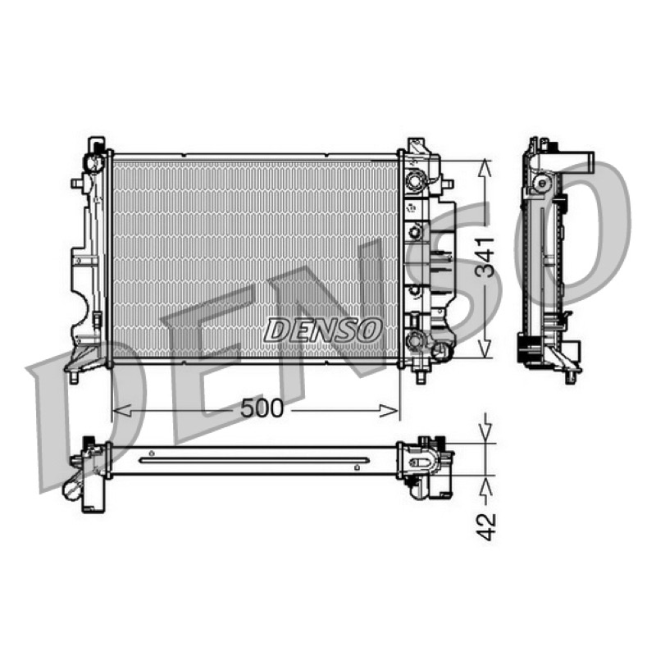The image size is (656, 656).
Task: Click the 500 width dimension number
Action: click(262, 408)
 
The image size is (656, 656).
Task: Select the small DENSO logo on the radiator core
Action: click(323, 330)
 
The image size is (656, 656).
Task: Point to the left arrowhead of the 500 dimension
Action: click(122, 411)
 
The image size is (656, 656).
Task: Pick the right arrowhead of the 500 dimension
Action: click(389, 411)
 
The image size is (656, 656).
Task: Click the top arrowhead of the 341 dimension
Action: click(485, 169)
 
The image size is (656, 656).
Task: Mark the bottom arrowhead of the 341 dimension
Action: click(485, 348)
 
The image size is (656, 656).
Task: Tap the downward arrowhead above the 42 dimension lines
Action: click(485, 435)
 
